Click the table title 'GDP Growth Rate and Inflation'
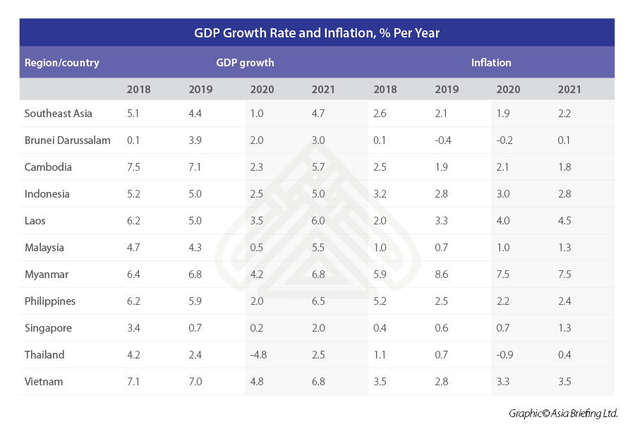[x=317, y=32]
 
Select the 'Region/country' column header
[x=61, y=63]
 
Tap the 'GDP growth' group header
[x=245, y=63]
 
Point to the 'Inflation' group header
[x=491, y=63]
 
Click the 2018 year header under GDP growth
[x=138, y=90]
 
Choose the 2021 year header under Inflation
[x=569, y=90]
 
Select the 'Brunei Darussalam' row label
[x=67, y=140]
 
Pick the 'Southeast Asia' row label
[x=58, y=114]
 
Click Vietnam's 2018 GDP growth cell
[x=135, y=382]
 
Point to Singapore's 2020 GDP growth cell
[x=257, y=328]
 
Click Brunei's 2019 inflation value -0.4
[x=443, y=140]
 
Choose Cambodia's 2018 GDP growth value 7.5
[x=135, y=167]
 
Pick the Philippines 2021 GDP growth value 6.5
[x=319, y=301]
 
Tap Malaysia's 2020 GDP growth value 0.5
[x=257, y=248]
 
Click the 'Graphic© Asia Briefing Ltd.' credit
[x=563, y=414]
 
